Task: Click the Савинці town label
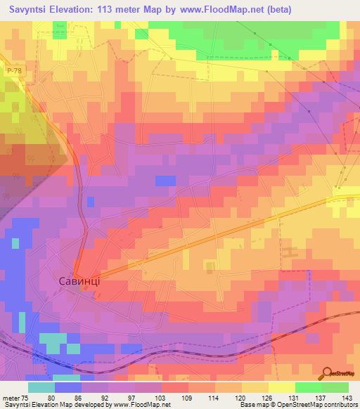(x=79, y=280)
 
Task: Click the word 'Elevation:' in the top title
(x=73, y=10)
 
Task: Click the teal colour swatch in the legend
(x=41, y=387)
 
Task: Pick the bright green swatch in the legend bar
(x=308, y=387)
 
